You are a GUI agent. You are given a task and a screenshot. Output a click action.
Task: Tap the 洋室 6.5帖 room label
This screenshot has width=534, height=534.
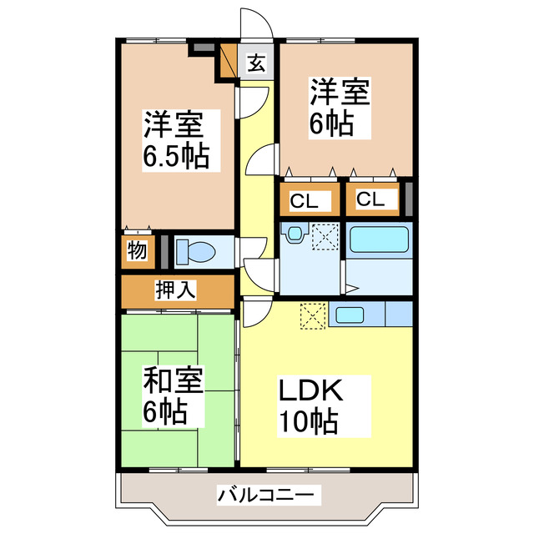tap(174, 139)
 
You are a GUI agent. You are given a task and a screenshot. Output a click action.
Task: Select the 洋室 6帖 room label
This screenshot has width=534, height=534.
tap(340, 107)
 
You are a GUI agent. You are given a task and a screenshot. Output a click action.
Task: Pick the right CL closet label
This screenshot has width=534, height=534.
tap(371, 200)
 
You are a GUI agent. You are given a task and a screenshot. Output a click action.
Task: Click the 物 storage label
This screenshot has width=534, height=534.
tap(136, 251)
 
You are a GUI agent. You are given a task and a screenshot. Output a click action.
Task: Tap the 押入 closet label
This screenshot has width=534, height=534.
tap(176, 290)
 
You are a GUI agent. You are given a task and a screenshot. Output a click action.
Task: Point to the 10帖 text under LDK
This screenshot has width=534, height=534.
tap(308, 421)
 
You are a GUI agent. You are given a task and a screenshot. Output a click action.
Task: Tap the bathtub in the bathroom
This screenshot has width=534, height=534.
tap(380, 239)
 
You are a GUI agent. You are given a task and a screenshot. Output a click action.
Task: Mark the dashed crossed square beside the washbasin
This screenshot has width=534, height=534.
tap(324, 237)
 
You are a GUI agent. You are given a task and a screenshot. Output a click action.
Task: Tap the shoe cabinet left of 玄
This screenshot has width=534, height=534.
tap(229, 61)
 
